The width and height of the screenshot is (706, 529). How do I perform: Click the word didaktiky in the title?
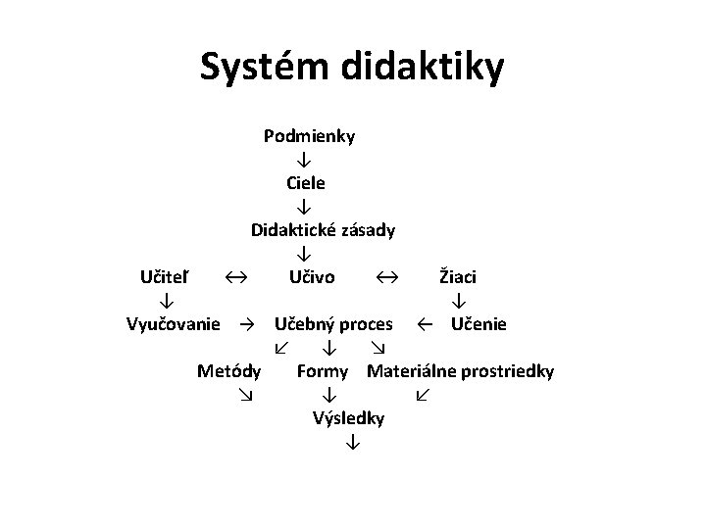point(423,68)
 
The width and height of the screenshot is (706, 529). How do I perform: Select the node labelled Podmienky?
point(309,136)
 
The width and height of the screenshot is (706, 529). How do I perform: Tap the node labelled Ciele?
point(306,183)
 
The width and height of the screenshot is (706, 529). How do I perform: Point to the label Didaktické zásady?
point(323,230)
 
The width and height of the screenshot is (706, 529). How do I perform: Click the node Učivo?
point(312,277)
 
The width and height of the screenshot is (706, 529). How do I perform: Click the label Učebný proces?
point(333,324)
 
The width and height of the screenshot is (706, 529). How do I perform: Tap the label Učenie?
point(479,324)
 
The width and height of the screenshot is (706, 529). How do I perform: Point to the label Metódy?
point(228,371)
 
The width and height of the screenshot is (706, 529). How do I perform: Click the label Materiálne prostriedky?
point(460,371)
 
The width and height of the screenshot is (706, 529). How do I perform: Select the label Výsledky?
point(348,418)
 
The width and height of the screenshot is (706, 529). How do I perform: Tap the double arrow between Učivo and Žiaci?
point(386,278)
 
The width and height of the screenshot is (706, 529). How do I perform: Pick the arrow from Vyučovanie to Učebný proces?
point(249,324)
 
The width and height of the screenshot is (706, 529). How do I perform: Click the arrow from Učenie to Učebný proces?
point(425,324)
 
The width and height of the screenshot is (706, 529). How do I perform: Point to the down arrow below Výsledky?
point(350,444)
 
